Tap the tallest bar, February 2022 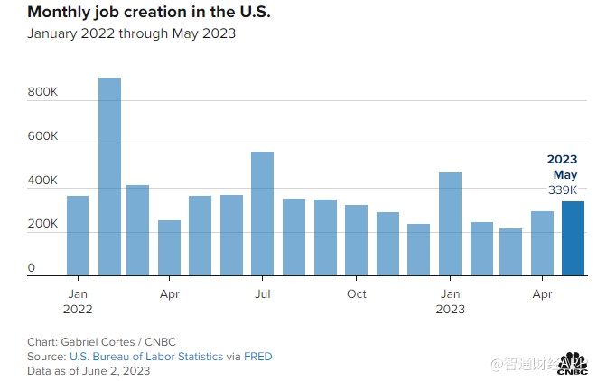coord(109,176)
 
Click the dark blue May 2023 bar coord(573,238)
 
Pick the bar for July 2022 coord(262,213)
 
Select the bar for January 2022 coord(78,236)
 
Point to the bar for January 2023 coord(450,224)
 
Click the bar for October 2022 coord(356,240)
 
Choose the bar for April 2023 coord(542,243)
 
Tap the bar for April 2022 coord(169,247)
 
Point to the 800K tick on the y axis coord(42,93)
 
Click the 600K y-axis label coord(42,136)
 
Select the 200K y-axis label coord(42,224)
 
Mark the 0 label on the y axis coord(32,268)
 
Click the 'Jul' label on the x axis coord(263,293)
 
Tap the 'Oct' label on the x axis coord(357,293)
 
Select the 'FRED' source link coord(258,357)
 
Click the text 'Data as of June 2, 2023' coord(89,370)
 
